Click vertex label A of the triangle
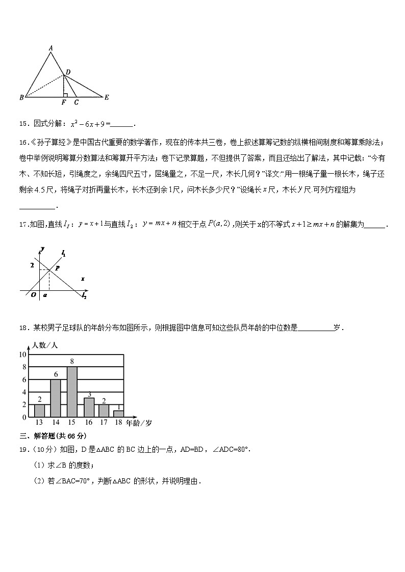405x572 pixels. [50, 48]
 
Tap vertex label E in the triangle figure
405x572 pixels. [106, 97]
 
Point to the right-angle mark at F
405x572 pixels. [65, 94]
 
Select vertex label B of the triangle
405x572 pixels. [21, 97]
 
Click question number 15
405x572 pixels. [24, 123]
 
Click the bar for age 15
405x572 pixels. [72, 392]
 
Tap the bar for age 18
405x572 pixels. [118, 414]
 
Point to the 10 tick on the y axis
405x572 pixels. [22, 354]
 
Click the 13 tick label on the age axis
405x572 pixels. [39, 422]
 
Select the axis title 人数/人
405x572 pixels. [45, 345]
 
